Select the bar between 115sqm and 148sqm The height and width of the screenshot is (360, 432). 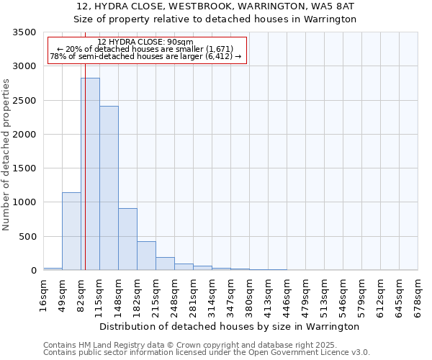tap(109, 188)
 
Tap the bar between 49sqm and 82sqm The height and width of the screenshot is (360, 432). tap(71, 231)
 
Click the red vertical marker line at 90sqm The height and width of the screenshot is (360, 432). tap(85, 158)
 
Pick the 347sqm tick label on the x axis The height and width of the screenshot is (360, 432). tap(230, 296)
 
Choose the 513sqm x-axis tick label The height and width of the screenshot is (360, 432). tap(324, 296)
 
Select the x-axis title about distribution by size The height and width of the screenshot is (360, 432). tap(229, 326)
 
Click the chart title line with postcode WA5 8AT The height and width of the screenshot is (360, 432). tap(215, 6)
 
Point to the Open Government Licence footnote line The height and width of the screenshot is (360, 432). tap(207, 353)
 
